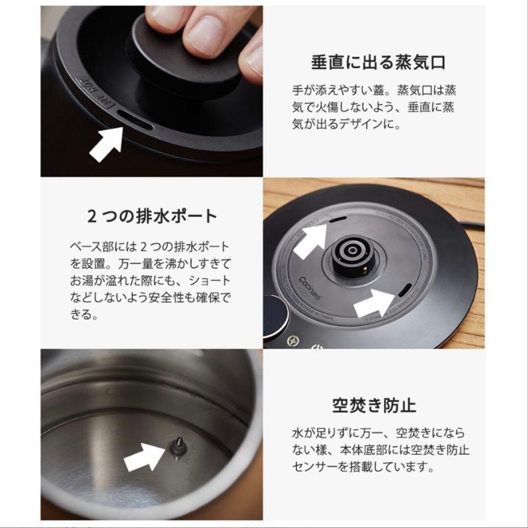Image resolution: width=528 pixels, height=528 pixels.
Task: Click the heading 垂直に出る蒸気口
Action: point(377,64)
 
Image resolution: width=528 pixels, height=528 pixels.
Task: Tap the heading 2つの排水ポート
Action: point(151,216)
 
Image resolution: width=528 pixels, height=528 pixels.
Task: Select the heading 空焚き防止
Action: point(374,405)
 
